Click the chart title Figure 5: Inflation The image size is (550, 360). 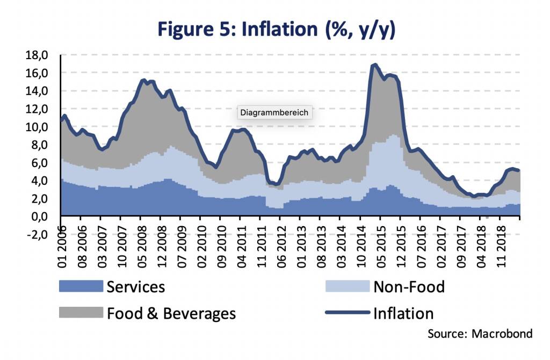tap(274, 30)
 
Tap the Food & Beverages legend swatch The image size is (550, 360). tap(81, 313)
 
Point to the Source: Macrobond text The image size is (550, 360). tap(480, 334)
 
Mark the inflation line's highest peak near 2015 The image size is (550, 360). tap(374, 66)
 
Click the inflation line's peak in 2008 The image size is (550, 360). tap(143, 81)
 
